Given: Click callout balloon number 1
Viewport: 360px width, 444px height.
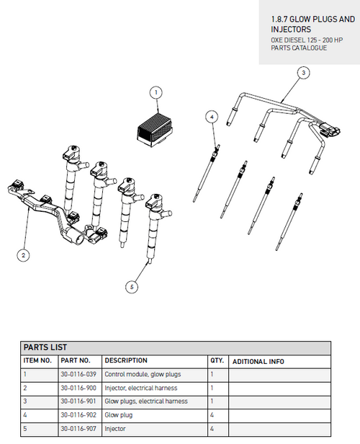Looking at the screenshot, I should coord(157,92).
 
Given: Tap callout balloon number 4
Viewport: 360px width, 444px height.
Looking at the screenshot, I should coord(211,115).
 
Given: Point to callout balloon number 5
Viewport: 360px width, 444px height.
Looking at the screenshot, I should coord(131,286).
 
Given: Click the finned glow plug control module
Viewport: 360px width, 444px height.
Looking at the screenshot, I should coord(156,130).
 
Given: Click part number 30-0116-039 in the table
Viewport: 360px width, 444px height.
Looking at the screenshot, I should coord(78,374).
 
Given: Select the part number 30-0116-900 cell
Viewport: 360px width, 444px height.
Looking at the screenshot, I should coord(78,388).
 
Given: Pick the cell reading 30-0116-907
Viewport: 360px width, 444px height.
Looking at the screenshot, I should coord(78,429).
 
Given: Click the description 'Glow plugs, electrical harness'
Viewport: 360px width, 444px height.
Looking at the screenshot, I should coord(146,401).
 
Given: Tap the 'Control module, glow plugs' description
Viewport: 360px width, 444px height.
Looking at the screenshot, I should coord(143,374).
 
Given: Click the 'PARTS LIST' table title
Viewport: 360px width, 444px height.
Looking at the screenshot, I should coord(45,347).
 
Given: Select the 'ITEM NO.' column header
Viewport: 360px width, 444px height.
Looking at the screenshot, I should coord(37,360).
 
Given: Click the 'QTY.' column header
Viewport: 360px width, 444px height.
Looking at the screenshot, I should coord(217,360).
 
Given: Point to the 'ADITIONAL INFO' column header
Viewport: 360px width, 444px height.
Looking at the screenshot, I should coord(258,361).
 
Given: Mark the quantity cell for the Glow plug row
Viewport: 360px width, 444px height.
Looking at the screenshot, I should coord(212,415).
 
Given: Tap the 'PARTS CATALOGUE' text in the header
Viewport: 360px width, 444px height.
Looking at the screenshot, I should coord(299,48).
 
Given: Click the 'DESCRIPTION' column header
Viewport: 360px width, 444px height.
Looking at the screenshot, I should coord(126,360).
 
